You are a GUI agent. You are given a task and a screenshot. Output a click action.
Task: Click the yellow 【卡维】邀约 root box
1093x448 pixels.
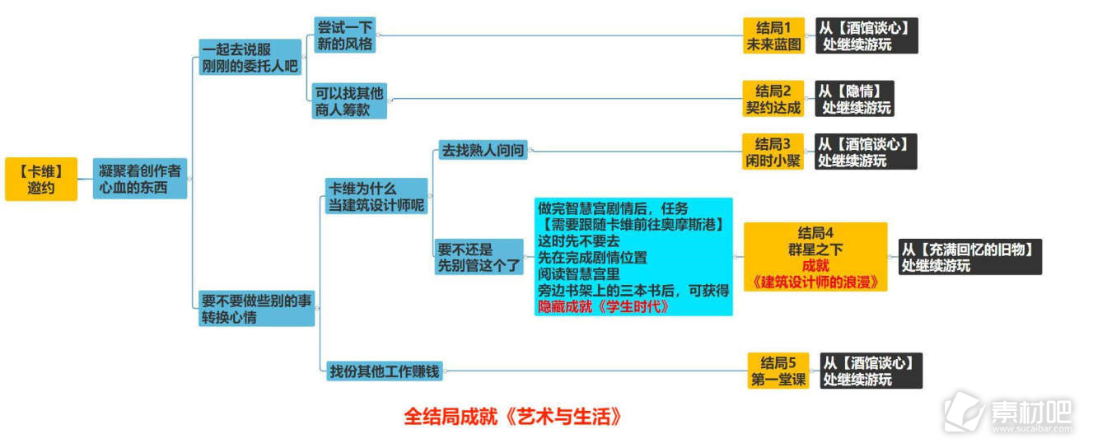pos(41,179)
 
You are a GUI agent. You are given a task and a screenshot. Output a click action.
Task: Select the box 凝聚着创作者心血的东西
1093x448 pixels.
pos(140,179)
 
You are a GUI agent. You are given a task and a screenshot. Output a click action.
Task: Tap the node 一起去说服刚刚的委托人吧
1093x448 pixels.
pos(250,57)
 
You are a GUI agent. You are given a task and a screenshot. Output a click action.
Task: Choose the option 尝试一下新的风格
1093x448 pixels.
pos(344,35)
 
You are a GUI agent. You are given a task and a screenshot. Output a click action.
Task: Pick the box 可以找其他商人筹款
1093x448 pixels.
pos(349,101)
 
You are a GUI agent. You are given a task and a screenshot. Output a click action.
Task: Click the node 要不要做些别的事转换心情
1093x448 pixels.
pos(256,309)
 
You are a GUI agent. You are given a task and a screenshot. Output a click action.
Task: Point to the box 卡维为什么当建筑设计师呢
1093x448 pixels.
pos(376,196)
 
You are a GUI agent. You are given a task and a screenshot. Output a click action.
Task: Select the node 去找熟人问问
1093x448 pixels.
pos(483,151)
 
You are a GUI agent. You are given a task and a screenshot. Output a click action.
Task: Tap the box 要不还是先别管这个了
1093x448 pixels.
pos(479,257)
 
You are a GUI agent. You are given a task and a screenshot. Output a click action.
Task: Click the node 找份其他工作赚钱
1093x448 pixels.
pos(385,371)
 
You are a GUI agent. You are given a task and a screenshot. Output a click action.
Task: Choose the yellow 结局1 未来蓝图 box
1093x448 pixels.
pos(774,35)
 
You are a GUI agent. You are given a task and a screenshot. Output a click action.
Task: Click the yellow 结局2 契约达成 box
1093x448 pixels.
pos(773,99)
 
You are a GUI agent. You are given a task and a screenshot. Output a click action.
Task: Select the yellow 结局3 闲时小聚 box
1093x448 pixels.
pos(773,152)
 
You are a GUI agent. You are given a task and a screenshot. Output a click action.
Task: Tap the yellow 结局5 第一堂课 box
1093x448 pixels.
pos(778,371)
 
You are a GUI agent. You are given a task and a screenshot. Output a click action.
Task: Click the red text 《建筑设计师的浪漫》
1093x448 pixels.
pos(815,282)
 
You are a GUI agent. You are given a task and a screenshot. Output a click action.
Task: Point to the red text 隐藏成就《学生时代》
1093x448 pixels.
pos(603,307)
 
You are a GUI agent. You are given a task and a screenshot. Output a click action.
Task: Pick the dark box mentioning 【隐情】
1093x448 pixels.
pos(854,99)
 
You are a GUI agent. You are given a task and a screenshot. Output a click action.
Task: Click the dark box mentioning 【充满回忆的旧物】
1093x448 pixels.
pos(970,257)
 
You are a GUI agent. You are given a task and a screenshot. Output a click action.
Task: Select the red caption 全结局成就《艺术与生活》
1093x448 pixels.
pos(513,417)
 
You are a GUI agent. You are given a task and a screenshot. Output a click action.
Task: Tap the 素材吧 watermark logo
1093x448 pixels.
pos(1008,413)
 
